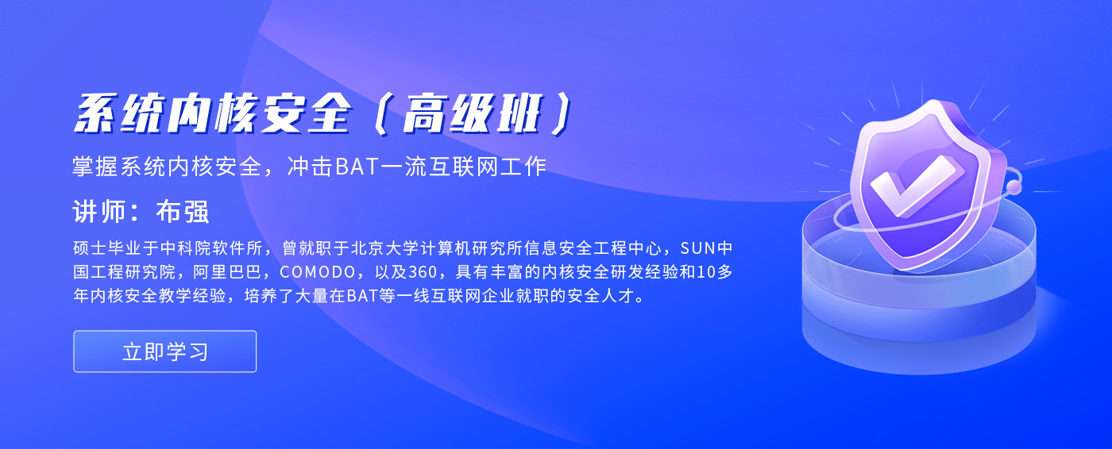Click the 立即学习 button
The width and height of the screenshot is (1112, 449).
(165, 351)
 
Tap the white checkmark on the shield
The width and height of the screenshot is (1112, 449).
(913, 187)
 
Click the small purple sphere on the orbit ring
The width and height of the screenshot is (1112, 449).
(1014, 187)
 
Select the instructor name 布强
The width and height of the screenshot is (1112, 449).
(183, 212)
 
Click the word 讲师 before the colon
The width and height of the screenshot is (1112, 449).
(99, 212)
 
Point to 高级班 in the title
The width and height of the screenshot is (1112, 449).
(471, 114)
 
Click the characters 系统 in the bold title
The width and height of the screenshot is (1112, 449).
(120, 114)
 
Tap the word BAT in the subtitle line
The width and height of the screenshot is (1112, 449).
(357, 167)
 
